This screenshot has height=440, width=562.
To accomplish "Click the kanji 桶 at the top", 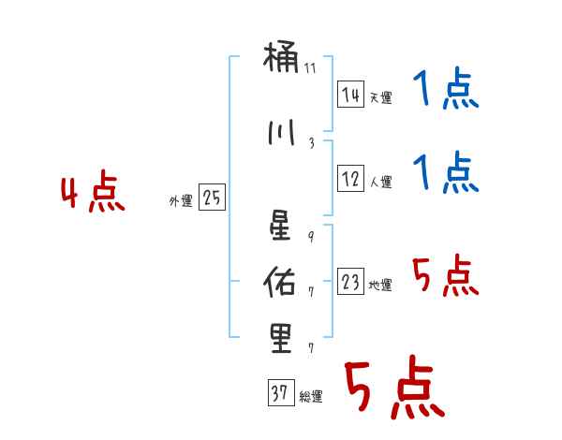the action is [281, 59].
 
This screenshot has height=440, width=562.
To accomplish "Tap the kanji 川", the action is [281, 131].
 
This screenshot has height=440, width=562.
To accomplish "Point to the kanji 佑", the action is [281, 278].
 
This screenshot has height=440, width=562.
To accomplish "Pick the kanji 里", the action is [281, 336].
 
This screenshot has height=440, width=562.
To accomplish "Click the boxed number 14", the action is [350, 94].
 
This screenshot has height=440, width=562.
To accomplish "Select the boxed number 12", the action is [350, 179].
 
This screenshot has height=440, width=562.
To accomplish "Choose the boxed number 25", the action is [212, 198].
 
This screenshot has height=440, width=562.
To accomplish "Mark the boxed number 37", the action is [279, 393].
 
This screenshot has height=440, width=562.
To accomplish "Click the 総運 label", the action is [311, 397].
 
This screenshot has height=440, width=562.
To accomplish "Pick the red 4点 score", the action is [93, 194].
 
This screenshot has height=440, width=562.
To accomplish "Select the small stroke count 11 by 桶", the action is [310, 68].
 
